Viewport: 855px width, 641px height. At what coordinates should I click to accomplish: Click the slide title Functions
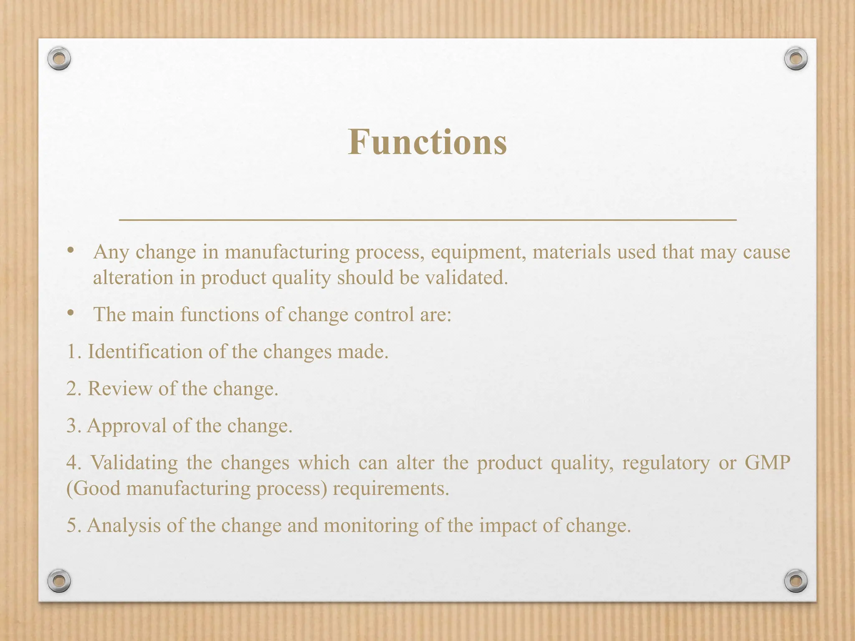tap(427, 142)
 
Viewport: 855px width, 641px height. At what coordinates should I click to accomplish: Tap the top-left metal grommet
tap(59, 59)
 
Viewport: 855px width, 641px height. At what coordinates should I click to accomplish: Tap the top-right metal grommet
tap(796, 59)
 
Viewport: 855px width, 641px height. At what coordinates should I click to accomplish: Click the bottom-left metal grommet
tap(59, 580)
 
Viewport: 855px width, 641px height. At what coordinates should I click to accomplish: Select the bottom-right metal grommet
tap(796, 580)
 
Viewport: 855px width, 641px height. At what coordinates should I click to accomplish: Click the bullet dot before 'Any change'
tap(71, 250)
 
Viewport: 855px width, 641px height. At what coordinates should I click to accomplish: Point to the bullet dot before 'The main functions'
tap(71, 313)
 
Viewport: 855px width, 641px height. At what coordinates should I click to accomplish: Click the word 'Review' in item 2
tap(120, 389)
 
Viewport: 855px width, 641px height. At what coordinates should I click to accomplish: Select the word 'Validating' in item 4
tap(134, 463)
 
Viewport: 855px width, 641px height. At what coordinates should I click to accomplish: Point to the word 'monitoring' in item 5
tap(371, 525)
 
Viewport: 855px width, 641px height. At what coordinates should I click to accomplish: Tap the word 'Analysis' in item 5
tap(124, 525)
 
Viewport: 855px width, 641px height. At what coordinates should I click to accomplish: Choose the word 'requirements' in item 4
tap(390, 489)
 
